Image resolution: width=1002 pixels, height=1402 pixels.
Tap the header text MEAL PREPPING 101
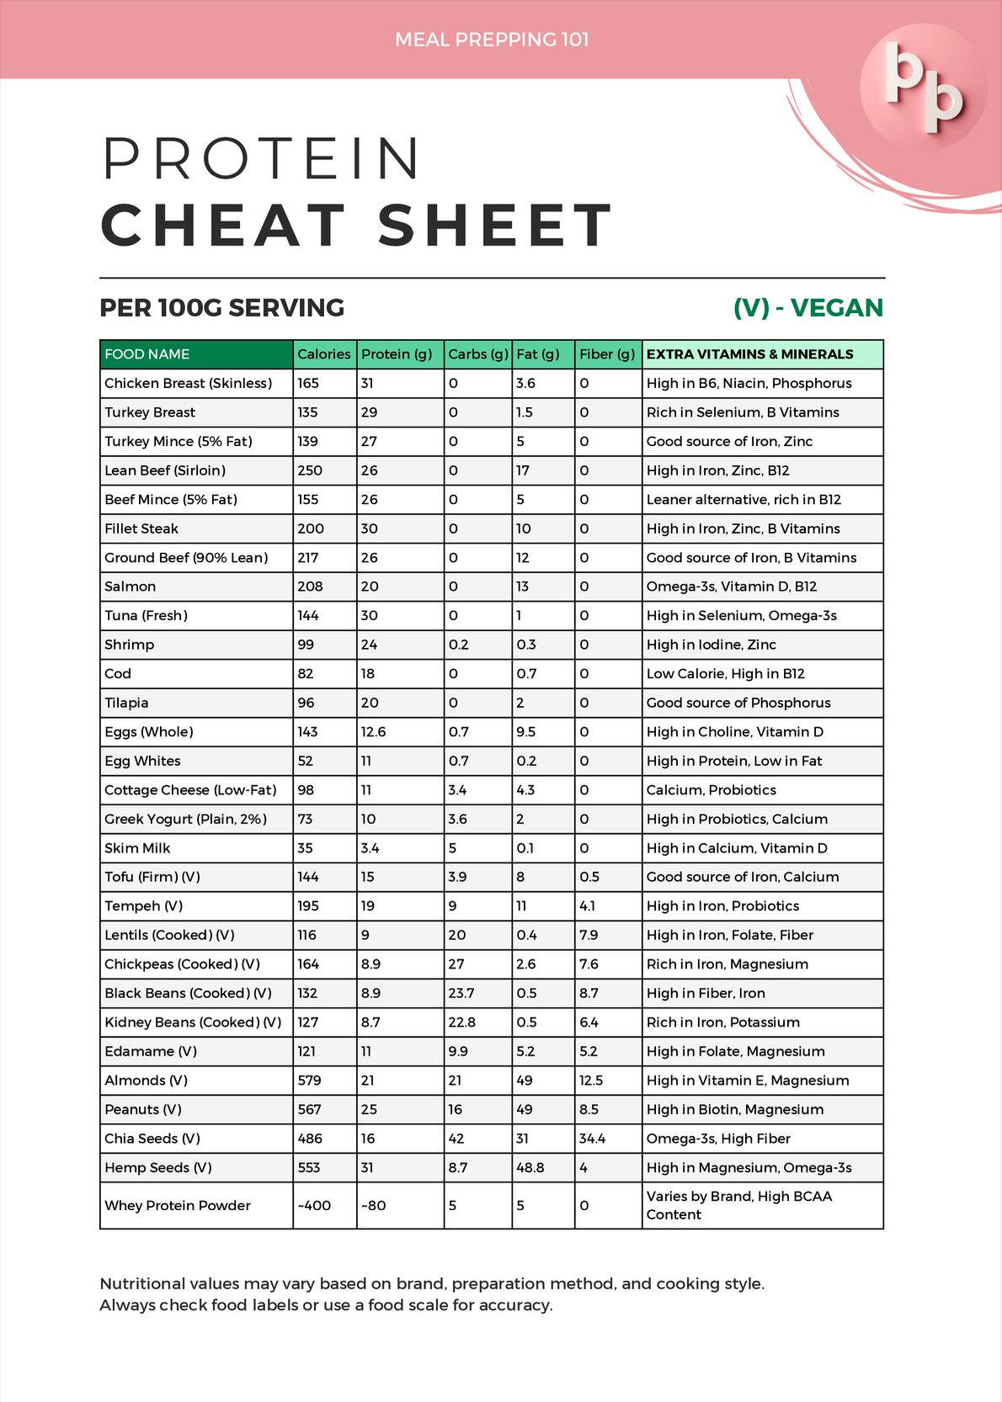492,40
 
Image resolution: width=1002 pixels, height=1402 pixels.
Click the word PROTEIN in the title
261,158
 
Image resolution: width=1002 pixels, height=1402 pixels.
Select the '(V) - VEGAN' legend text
807,308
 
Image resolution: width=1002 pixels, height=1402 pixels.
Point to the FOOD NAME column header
147,354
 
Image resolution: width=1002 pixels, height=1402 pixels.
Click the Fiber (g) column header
607,354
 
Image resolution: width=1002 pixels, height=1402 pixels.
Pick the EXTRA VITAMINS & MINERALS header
749,354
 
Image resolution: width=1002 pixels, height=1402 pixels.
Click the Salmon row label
131,587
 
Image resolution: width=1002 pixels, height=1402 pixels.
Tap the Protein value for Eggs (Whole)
374,732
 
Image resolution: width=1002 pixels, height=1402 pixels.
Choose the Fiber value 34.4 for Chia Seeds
593,1139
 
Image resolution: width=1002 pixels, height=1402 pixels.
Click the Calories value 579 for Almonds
310,1081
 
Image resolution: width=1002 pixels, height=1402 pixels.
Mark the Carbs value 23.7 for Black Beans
461,993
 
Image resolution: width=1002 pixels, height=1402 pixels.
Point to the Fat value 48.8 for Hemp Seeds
530,1168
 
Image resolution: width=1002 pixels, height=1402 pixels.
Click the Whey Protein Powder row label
178,1206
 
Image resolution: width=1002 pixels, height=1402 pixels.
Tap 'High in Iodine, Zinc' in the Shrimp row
712,645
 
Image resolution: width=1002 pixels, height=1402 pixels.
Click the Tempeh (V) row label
144,906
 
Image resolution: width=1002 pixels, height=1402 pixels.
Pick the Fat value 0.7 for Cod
525,674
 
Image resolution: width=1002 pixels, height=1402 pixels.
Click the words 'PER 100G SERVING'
222,308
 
